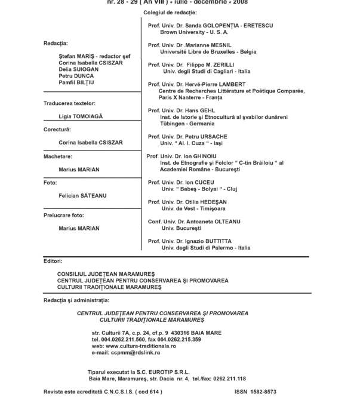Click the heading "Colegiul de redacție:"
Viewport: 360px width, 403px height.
[x=170, y=13]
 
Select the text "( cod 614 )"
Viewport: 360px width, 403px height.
[x=148, y=392]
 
